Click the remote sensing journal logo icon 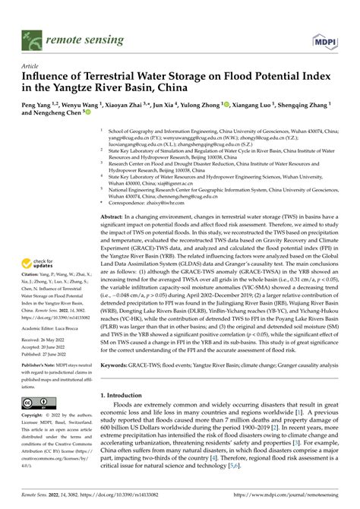tap(33, 33)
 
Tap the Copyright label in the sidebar tap(33, 416)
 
